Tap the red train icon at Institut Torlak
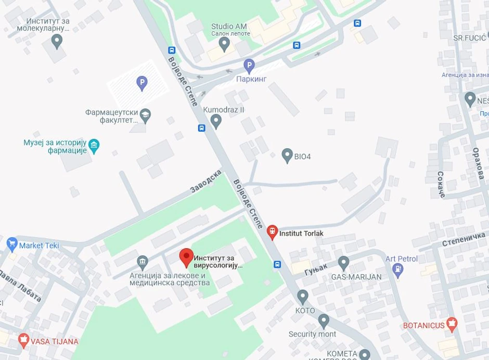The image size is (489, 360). click(272, 232)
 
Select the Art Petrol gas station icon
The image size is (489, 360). click(398, 269)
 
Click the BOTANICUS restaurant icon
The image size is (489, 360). click(452, 325)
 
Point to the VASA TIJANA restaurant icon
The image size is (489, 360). click(23, 341)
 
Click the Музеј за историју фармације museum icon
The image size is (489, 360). click(94, 145)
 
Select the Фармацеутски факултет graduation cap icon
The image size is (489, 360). click(146, 115)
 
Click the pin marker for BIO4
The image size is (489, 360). click(287, 155)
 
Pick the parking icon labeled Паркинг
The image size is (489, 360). click(249, 66)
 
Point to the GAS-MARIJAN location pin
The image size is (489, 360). click(343, 262)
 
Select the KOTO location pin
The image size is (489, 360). click(303, 297)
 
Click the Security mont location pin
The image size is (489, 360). click(324, 320)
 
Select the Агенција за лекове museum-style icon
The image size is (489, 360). click(142, 261)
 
